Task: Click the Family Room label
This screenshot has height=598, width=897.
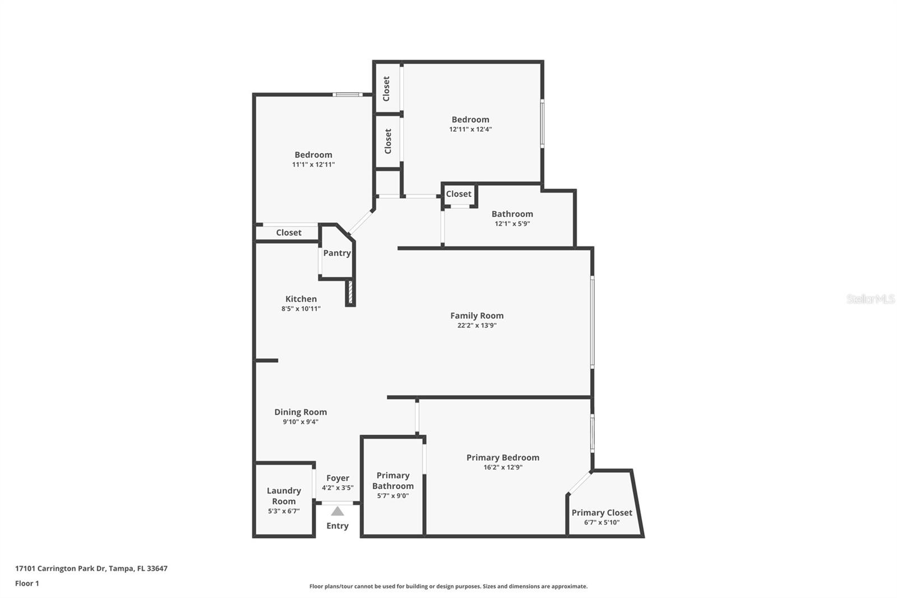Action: tap(477, 316)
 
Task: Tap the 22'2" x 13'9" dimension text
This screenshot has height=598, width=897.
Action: tap(477, 325)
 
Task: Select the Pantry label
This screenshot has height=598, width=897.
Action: tap(337, 253)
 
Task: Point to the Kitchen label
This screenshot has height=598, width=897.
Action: tap(301, 299)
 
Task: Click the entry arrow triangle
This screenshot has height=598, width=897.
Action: tap(337, 511)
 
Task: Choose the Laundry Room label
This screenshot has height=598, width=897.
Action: tap(284, 496)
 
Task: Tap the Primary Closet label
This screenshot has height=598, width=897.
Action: tap(602, 513)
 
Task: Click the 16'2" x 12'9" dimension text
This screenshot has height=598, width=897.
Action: tap(503, 467)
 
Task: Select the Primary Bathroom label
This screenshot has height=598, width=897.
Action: tap(393, 481)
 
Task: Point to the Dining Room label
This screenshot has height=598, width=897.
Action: tap(300, 412)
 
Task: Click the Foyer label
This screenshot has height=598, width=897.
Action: tap(337, 478)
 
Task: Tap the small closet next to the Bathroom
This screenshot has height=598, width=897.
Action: tap(459, 194)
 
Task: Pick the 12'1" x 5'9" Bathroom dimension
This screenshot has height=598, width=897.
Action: tap(512, 224)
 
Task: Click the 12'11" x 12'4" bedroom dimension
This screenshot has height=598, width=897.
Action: tap(470, 129)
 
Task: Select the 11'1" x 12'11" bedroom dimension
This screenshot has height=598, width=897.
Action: tap(313, 164)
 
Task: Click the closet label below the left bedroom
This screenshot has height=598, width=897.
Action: tap(289, 233)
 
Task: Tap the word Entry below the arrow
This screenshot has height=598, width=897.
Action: tap(337, 526)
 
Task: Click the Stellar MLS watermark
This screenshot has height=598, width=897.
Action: tap(870, 299)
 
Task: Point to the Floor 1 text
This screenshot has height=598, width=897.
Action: tap(27, 583)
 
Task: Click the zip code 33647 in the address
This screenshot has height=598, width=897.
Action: tap(157, 568)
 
